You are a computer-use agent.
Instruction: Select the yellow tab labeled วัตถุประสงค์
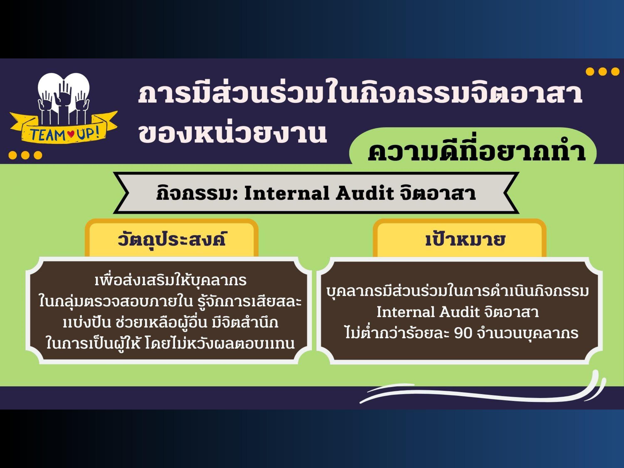point(172,238)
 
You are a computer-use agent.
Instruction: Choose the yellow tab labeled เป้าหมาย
point(459,238)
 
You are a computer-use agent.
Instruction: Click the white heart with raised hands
point(64,96)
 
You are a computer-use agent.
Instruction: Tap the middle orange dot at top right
point(603,72)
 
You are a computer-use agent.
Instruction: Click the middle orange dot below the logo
point(25,155)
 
